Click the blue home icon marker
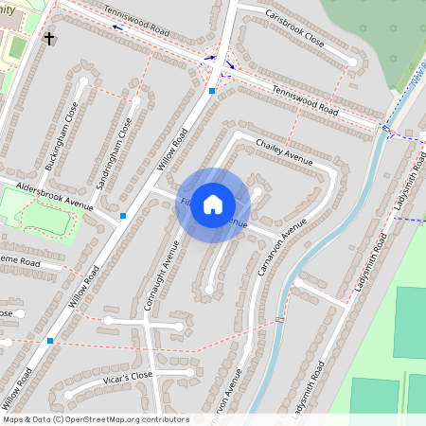pos(213,204)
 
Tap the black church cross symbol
pos(49,40)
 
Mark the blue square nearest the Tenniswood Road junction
pos(212,91)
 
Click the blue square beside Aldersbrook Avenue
pos(123,216)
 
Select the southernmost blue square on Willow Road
pos(50,340)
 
